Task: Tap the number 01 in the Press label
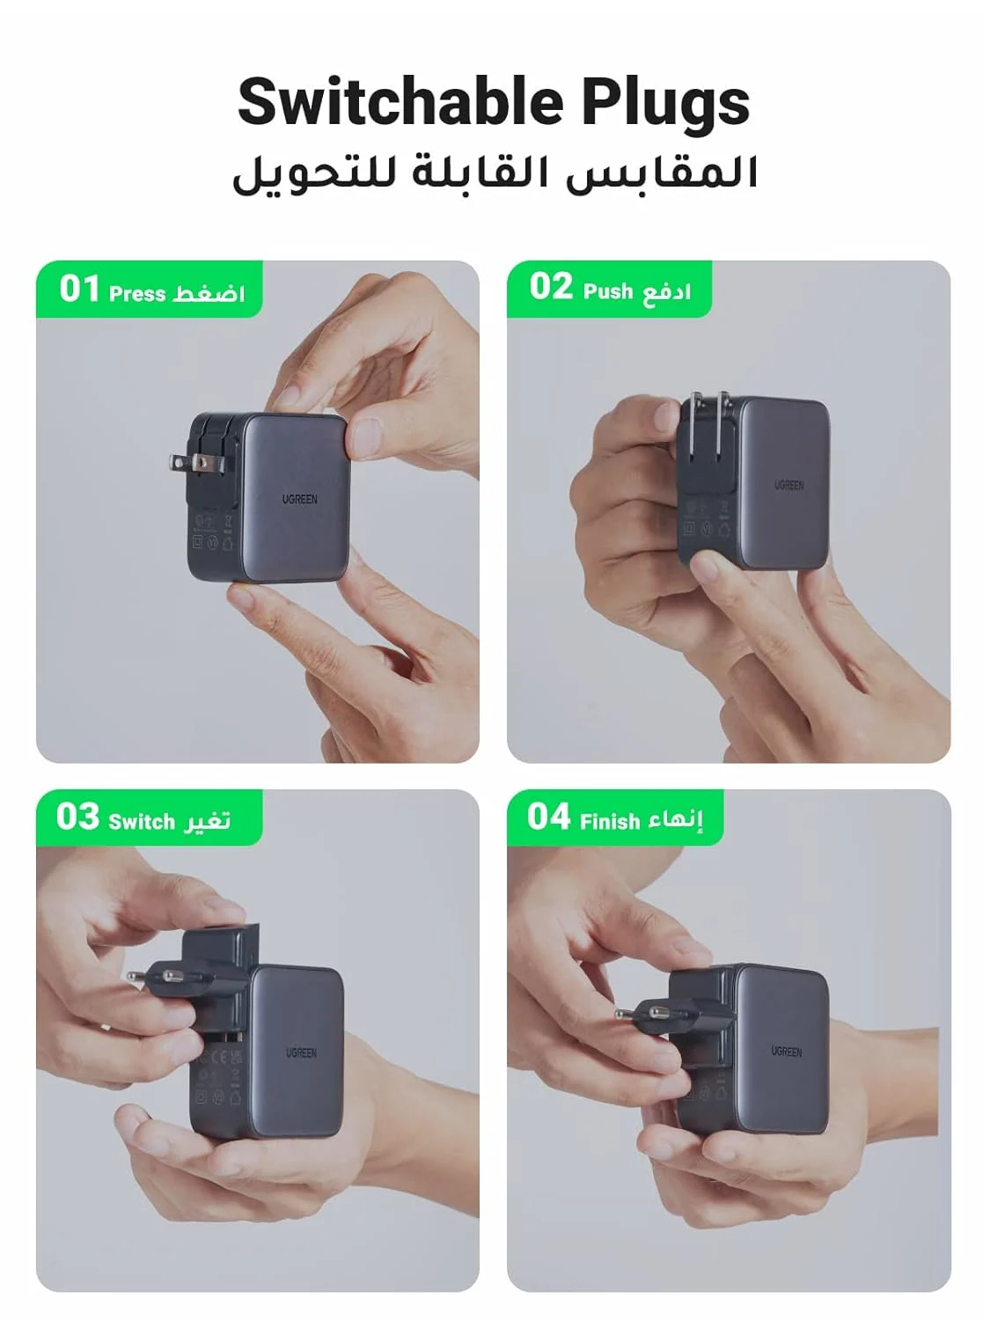pos(79,289)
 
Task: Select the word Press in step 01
pos(137,294)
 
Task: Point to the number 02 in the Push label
pos(551,287)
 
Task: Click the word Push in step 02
pos(608,291)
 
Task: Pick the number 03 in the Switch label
pos(77,817)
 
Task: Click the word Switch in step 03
pos(142,822)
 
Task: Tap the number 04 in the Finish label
pos(549,817)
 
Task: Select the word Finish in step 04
pos(610,822)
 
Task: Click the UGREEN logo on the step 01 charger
pos(300,499)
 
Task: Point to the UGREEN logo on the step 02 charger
pos(788,485)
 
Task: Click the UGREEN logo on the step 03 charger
pos(301,1052)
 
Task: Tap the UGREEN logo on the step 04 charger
pos(786,1051)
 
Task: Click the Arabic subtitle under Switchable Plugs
pos(495,173)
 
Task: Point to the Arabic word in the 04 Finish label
pos(676,820)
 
